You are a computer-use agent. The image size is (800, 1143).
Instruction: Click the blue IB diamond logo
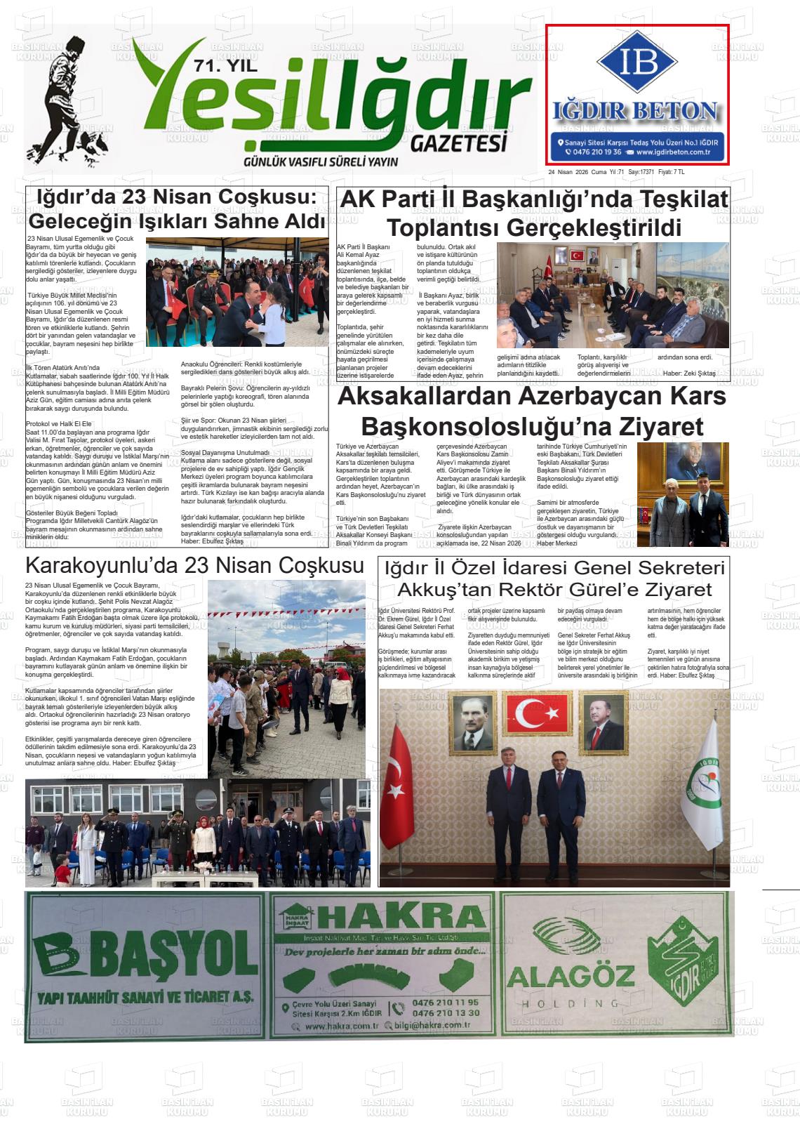tap(636, 62)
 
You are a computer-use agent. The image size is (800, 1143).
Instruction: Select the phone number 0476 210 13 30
tap(446, 1012)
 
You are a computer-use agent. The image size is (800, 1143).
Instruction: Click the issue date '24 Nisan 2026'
tap(568, 172)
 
